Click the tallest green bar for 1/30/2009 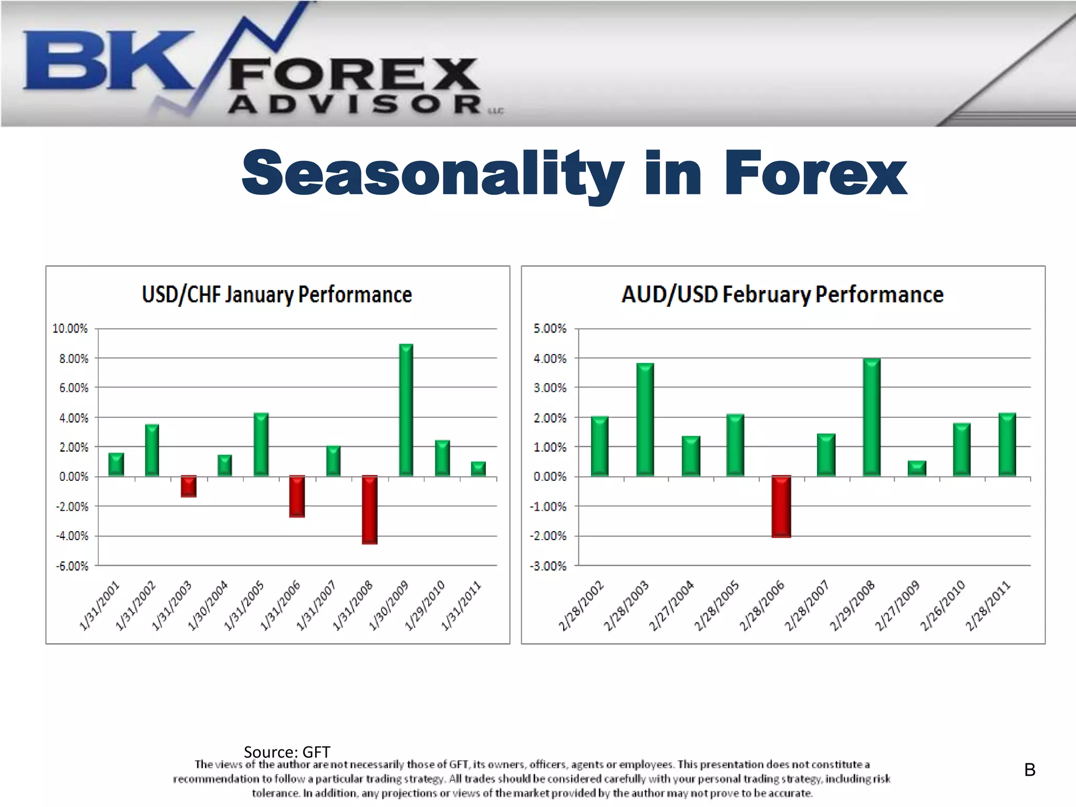pyautogui.click(x=406, y=410)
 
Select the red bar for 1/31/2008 pyautogui.click(x=370, y=509)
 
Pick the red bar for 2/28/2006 pyautogui.click(x=781, y=506)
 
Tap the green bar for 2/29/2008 pyautogui.click(x=872, y=418)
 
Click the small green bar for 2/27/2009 pyautogui.click(x=917, y=468)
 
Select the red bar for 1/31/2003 pyautogui.click(x=189, y=486)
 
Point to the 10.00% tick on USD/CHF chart pyautogui.click(x=70, y=329)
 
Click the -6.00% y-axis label pyautogui.click(x=72, y=566)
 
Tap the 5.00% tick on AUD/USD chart pyautogui.click(x=550, y=329)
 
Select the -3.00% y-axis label pyautogui.click(x=550, y=566)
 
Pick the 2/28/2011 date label pyautogui.click(x=988, y=605)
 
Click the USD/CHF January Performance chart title pyautogui.click(x=277, y=295)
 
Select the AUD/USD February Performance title pyautogui.click(x=782, y=295)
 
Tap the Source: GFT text pyautogui.click(x=287, y=752)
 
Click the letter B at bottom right pyautogui.click(x=1030, y=770)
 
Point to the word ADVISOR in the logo pyautogui.click(x=355, y=105)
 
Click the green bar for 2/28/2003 pyautogui.click(x=645, y=420)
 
